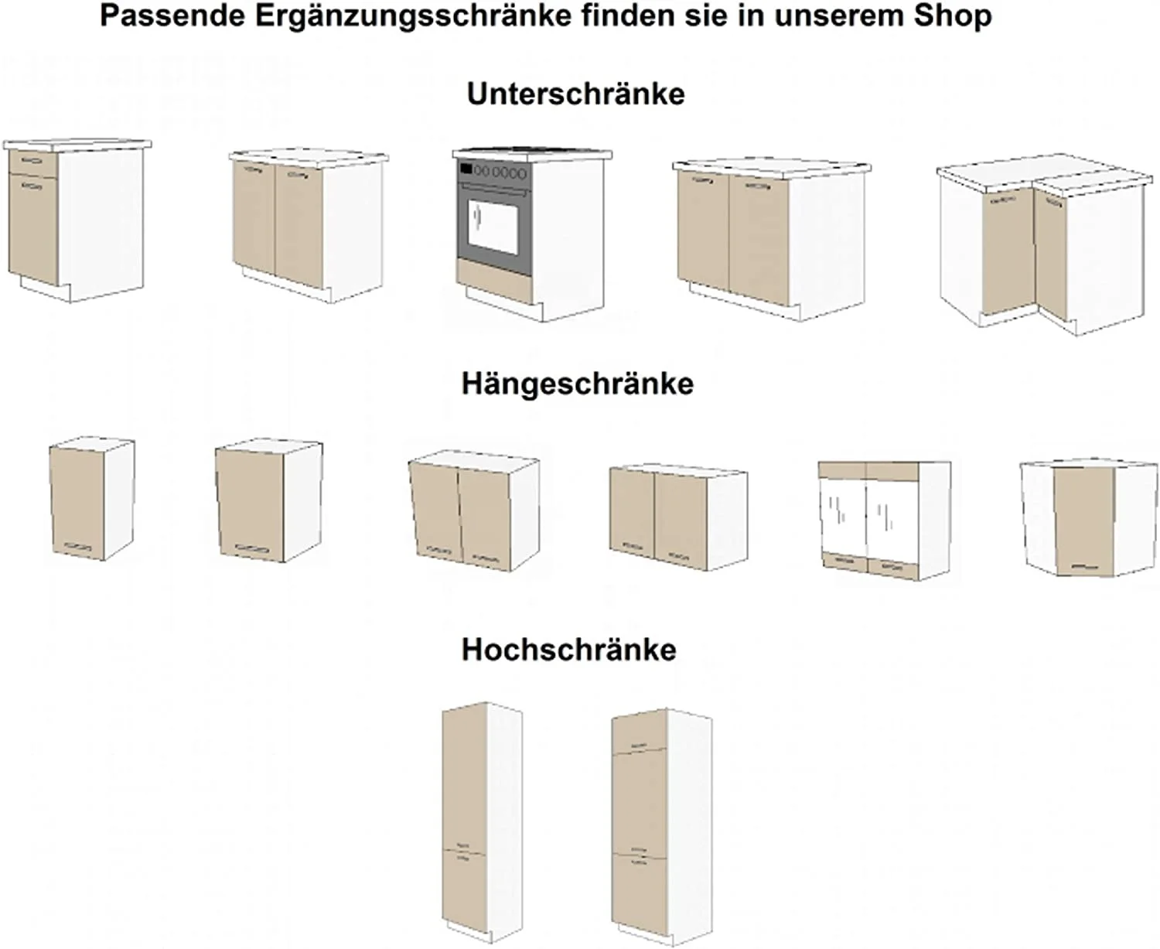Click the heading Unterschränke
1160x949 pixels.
click(x=575, y=94)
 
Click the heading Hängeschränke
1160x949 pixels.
click(x=577, y=384)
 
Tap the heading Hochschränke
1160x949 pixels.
click(x=568, y=650)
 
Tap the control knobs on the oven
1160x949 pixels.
click(x=503, y=171)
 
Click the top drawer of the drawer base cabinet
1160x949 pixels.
click(x=33, y=161)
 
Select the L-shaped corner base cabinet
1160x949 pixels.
click(x=1040, y=247)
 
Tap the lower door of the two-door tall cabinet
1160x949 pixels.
click(x=464, y=886)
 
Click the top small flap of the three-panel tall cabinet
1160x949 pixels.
click(x=639, y=732)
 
